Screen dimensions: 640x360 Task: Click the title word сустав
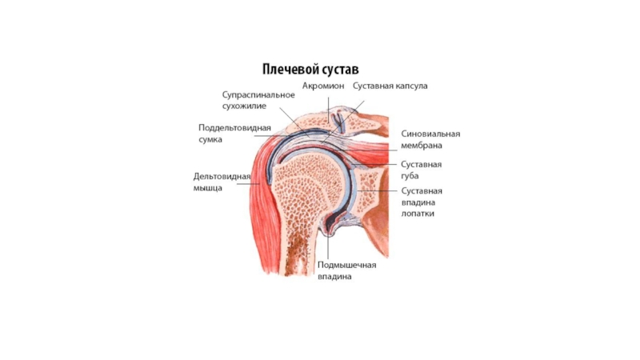338,70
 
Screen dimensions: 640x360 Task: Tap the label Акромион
323,86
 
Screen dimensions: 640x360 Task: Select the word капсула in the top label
409,86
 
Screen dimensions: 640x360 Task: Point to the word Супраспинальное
258,95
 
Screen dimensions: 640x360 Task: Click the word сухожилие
244,106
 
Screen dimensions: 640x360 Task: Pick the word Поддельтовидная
234,128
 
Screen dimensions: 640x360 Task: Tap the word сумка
210,139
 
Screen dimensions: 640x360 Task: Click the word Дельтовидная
222,177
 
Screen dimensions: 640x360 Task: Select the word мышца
208,188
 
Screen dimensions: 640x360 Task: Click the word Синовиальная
430,134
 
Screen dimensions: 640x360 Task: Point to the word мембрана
422,146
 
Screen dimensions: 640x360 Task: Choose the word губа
410,176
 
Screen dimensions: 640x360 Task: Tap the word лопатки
418,214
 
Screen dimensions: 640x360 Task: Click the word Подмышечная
347,266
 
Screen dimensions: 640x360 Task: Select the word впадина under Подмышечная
334,276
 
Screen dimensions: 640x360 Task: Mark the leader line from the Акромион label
328,110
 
